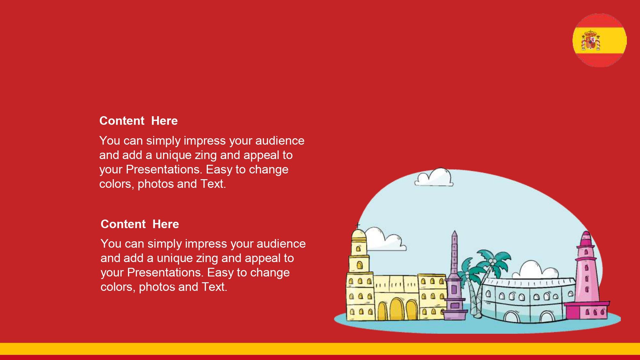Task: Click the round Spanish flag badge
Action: pyautogui.click(x=599, y=40)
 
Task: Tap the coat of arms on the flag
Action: pyautogui.click(x=591, y=40)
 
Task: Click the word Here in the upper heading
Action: pyautogui.click(x=164, y=121)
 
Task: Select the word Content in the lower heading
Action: pyautogui.click(x=123, y=224)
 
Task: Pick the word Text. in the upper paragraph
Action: pyautogui.click(x=213, y=184)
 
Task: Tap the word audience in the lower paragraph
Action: pyautogui.click(x=281, y=244)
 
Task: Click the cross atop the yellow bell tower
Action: pyautogui.click(x=358, y=225)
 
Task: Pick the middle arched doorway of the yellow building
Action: pyautogui.click(x=396, y=309)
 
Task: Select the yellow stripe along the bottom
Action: pyautogui.click(x=320, y=349)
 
